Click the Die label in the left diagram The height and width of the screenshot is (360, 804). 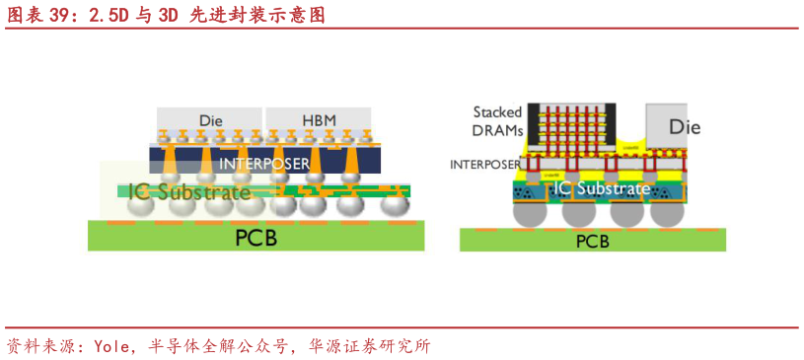(210, 120)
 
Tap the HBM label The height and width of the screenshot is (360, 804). (318, 120)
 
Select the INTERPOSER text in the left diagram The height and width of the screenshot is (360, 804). (264, 164)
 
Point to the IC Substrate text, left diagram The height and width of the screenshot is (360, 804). (190, 191)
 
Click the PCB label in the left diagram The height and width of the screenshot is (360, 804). (256, 238)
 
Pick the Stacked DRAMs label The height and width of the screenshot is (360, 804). (497, 122)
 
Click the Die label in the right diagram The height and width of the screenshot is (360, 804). (685, 126)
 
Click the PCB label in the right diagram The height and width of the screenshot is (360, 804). (592, 241)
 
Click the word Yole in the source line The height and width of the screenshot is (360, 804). (114, 346)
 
